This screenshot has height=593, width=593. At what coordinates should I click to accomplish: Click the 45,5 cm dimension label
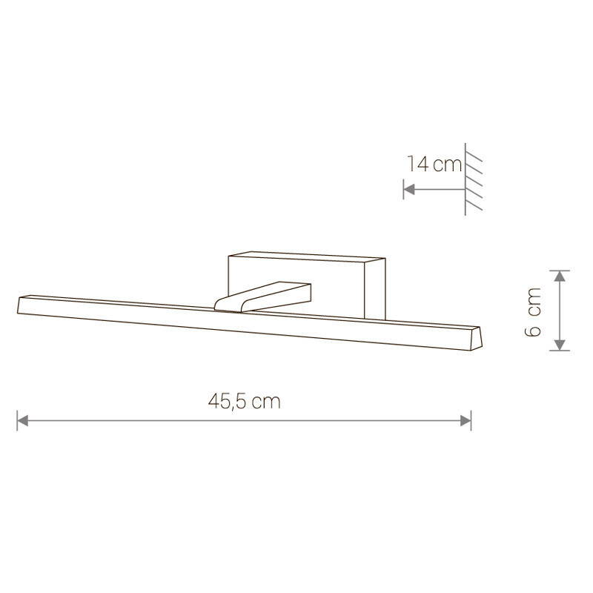[x=245, y=401]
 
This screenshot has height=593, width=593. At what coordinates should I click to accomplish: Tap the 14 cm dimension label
[x=434, y=164]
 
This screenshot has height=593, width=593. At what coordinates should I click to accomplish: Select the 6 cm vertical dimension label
[x=533, y=312]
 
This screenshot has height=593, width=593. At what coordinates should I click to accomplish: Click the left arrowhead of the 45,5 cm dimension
[x=23, y=420]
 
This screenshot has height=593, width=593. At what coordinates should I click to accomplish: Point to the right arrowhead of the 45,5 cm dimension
[x=466, y=420]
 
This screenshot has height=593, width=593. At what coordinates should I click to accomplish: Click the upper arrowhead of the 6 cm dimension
[x=560, y=276]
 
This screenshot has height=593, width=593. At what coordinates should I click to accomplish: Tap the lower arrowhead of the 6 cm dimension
[x=560, y=345]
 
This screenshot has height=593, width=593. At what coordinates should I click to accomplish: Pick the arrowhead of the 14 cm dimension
[x=409, y=189]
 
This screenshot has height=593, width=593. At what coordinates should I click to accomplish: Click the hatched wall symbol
[x=473, y=179]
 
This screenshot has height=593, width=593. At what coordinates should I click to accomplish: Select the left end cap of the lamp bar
[x=21, y=305]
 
